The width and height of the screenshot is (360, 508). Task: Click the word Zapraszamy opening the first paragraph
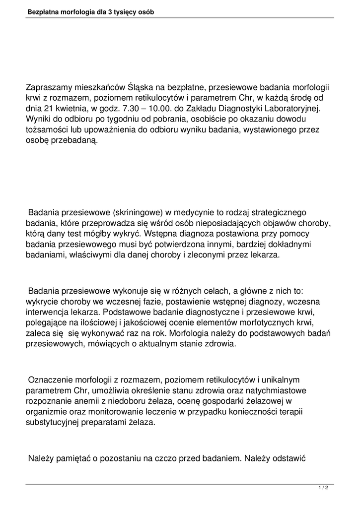[49, 87]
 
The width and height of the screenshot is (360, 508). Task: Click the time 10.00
[169, 109]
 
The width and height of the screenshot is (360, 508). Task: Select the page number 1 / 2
[323, 489]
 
